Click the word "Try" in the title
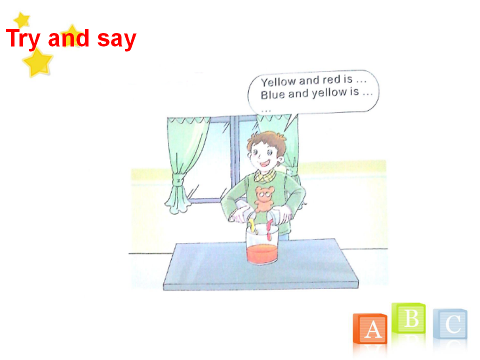pos(23,39)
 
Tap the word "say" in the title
pos(116,40)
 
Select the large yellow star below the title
pos(38,62)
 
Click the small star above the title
pos(21,20)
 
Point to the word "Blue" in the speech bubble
pos(272,95)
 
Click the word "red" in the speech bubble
pos(331,80)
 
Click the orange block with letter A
pos(370,329)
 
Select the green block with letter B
pos(408,318)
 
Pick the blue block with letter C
pos(450,324)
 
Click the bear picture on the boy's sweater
pos(264,199)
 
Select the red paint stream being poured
pos(269,229)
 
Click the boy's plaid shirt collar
pos(265,175)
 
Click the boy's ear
pos(280,159)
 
